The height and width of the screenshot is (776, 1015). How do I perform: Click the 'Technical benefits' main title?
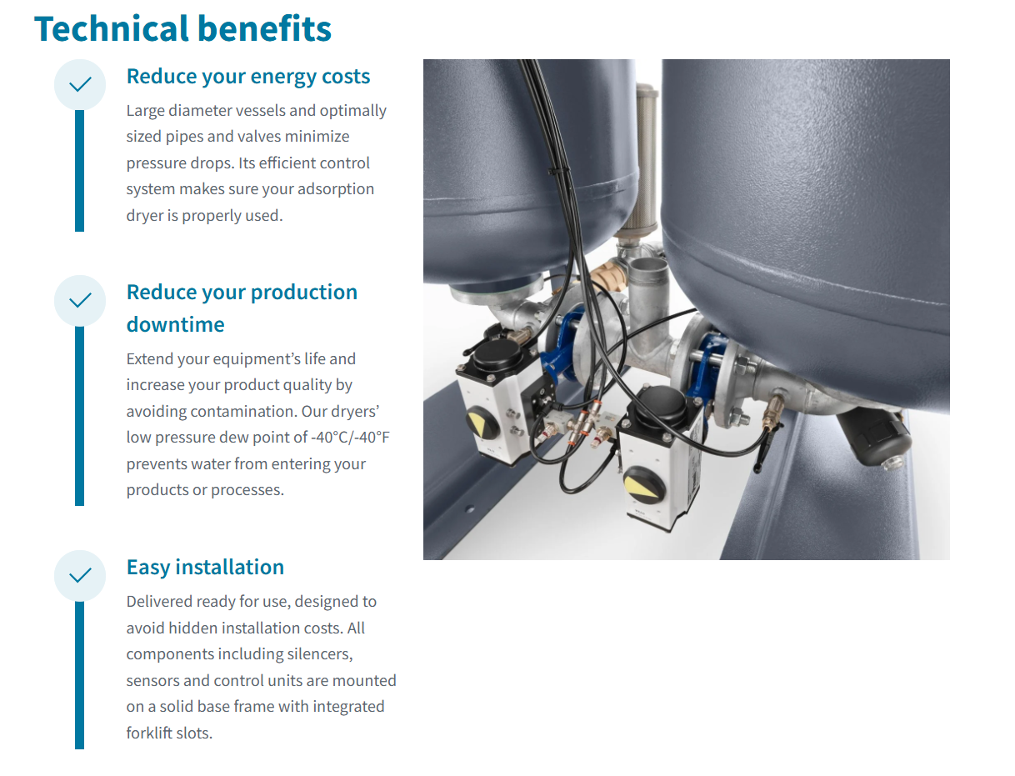pos(182,28)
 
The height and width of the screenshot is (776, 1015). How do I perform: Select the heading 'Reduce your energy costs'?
pos(248,77)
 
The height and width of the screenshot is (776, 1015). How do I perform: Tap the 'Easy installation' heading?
pos(205,568)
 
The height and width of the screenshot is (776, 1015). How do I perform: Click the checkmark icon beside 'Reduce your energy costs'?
pos(80,85)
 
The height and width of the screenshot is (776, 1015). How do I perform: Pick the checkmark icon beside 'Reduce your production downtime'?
pos(80,301)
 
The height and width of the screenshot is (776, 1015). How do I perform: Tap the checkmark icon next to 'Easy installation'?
pos(80,576)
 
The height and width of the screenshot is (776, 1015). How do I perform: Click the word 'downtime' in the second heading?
pos(176,324)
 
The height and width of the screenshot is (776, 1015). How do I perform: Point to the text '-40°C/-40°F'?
pos(350,438)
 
